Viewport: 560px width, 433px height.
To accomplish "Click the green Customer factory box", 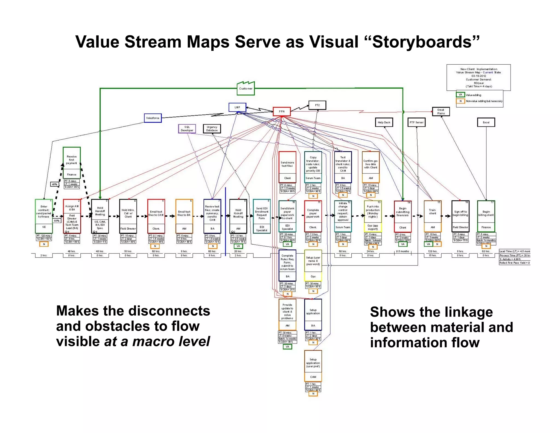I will [246, 88].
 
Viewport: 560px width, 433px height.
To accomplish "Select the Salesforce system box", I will [153, 118].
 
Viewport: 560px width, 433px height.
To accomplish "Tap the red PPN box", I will [282, 111].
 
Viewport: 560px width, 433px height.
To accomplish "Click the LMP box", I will [237, 107].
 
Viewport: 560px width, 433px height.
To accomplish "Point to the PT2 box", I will [317, 105].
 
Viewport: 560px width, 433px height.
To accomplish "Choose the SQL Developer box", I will [187, 129].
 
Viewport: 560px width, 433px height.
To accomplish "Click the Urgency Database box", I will [212, 129].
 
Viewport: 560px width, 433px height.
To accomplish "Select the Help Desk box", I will [384, 122].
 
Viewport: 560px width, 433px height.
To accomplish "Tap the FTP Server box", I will [416, 122].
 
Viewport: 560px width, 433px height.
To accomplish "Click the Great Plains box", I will [441, 111].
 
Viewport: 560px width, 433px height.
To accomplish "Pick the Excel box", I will [486, 122].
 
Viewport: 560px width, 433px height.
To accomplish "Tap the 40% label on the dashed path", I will [55, 184].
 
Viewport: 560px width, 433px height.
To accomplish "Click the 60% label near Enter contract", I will [57, 221].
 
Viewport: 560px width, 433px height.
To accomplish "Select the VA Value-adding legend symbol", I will [460, 95].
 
